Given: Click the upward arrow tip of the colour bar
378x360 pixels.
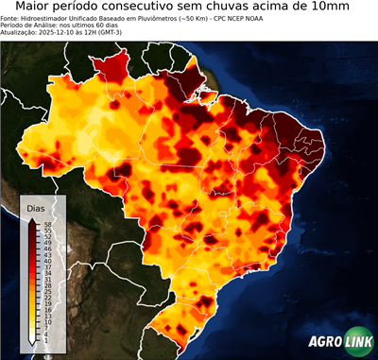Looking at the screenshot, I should point(31,220).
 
